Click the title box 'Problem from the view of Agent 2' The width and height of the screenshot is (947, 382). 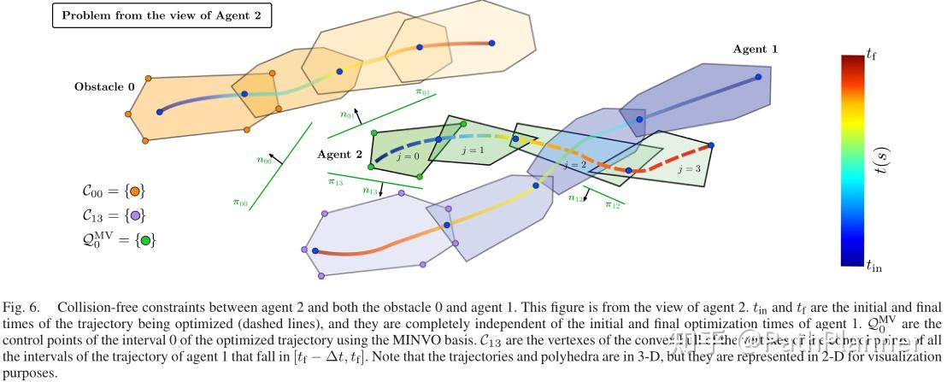pyautogui.click(x=162, y=17)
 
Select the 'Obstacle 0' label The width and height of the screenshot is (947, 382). pyautogui.click(x=104, y=86)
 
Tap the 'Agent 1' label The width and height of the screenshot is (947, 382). pyautogui.click(x=755, y=50)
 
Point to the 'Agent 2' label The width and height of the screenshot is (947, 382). pyautogui.click(x=339, y=155)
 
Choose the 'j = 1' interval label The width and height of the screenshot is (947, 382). pyautogui.click(x=472, y=150)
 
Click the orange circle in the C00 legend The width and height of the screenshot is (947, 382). pyautogui.click(x=137, y=191)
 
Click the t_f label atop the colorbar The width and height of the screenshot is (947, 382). pyautogui.click(x=871, y=55)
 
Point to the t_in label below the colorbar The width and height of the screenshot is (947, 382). pyautogui.click(x=873, y=267)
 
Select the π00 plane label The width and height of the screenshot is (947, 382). pyautogui.click(x=239, y=203)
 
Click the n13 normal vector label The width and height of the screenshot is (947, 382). pyautogui.click(x=370, y=191)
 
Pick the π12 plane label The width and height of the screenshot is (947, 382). pyautogui.click(x=613, y=205)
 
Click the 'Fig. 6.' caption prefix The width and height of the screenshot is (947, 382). pyautogui.click(x=21, y=305)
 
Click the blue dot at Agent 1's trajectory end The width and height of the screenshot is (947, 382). pyautogui.click(x=757, y=77)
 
